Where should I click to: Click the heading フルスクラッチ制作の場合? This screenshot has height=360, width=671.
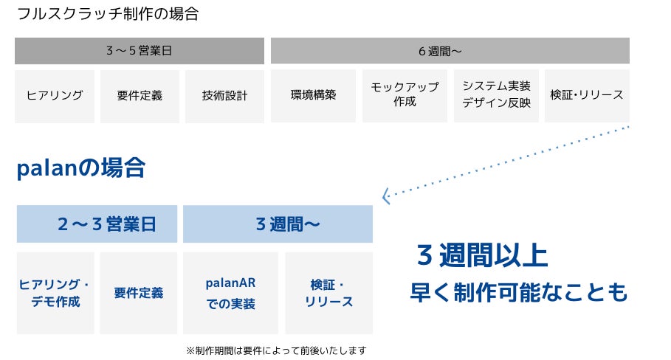pos(107,14)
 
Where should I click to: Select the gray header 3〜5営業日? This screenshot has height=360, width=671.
pos(140,51)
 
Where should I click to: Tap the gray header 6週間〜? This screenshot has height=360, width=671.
pos(450,51)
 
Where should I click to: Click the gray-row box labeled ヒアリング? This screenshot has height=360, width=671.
pos(55,96)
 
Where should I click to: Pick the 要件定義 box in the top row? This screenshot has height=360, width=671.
pos(140,96)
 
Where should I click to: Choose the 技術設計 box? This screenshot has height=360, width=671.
pos(224,96)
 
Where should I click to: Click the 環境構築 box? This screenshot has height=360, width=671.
pos(314,96)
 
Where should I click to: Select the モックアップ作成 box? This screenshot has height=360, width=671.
pos(405,96)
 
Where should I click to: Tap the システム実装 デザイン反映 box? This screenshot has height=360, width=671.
pos(496,96)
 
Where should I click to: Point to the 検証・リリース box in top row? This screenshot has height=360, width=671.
pos(587,96)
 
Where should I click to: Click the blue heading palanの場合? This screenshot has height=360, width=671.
pos(80,169)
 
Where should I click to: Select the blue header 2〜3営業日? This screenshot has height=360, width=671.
pos(97,224)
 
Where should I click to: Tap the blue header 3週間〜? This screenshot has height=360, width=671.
pos(278,224)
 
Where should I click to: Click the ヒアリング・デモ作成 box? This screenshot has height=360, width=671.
pos(55,293)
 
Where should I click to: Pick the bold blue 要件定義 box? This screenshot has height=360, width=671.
pos(139,293)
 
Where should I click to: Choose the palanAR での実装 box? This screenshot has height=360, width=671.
pos(230,293)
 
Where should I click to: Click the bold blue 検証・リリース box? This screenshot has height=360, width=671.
pos(328,293)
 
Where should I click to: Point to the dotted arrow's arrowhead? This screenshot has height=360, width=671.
pos(385,197)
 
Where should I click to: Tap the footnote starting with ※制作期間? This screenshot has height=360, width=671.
pos(275,350)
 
